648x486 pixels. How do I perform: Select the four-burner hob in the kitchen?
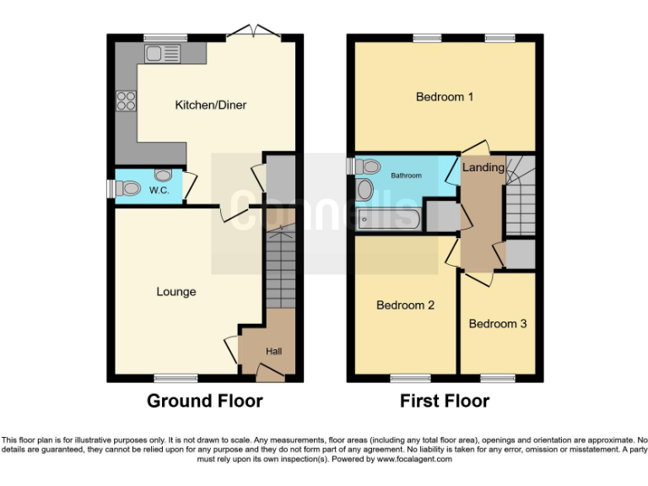coord(127,101)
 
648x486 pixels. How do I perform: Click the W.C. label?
coord(159,191)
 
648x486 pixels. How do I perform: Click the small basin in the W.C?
coord(162,175)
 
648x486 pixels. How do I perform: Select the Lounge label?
coord(176,292)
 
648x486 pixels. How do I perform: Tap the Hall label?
coord(274,351)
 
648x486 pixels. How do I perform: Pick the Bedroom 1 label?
coord(444,97)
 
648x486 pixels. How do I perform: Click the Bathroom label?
coord(405,175)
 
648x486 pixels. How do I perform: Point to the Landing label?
coord(483,167)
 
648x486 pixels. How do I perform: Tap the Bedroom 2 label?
coord(405,305)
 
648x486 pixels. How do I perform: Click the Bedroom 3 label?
coord(498,324)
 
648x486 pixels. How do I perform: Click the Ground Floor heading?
coord(205,401)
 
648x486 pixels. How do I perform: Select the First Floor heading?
coord(445,401)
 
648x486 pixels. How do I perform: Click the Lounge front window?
coord(175,377)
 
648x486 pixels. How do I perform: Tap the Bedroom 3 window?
coord(498,377)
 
